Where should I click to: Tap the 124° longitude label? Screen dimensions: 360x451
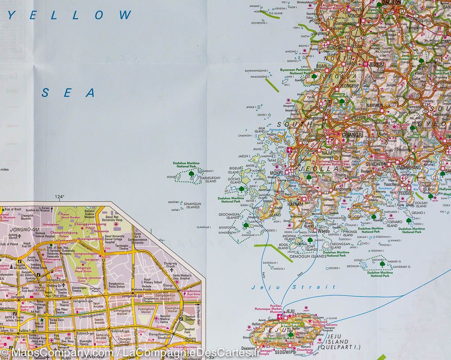coord(59,197)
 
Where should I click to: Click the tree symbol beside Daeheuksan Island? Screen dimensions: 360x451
coord(191,174)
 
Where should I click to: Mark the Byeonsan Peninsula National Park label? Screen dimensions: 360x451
coord(295,72)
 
